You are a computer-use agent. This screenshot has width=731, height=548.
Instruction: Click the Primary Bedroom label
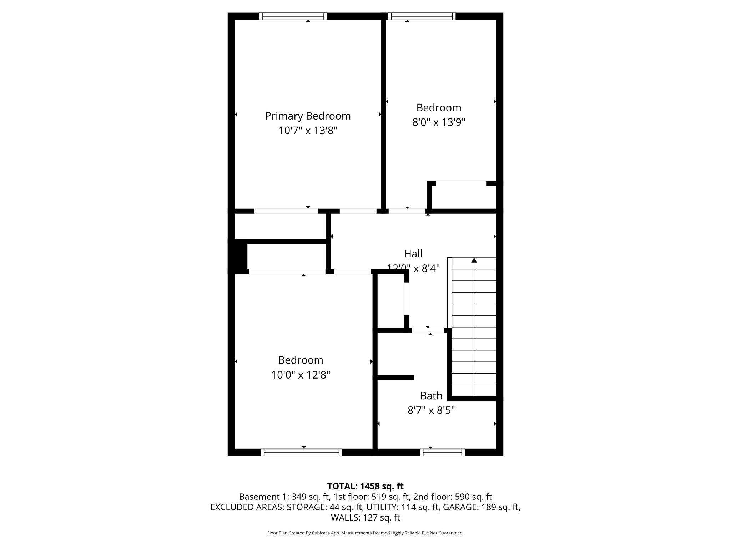tap(308, 116)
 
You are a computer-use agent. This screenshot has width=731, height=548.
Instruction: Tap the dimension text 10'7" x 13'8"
tap(308, 131)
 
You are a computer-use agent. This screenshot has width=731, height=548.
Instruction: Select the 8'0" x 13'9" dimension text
tap(439, 122)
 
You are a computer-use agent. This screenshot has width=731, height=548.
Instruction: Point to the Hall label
tap(413, 254)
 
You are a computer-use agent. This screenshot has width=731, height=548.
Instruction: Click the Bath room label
tap(431, 396)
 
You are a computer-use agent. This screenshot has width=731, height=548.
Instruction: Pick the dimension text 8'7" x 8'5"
tap(431, 411)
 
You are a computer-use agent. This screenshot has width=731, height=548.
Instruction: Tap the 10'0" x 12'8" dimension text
tap(301, 375)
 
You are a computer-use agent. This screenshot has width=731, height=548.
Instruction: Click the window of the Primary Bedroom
tap(293, 16)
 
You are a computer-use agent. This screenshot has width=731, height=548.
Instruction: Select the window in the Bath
tap(442, 452)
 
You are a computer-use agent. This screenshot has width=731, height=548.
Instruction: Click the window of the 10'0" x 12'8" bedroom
tap(302, 452)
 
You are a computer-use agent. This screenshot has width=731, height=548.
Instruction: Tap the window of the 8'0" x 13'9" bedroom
tap(422, 16)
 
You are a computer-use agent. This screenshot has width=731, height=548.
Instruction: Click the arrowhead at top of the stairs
tap(474, 260)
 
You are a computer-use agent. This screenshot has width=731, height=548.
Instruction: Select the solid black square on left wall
tap(238, 256)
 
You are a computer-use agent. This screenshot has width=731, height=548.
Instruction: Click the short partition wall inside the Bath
tap(395, 377)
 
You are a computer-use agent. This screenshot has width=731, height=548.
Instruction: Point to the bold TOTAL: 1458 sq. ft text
tap(365, 486)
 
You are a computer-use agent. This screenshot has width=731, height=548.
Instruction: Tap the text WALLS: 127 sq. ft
tap(365, 518)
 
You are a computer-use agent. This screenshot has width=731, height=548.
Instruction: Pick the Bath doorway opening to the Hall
tap(428, 330)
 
